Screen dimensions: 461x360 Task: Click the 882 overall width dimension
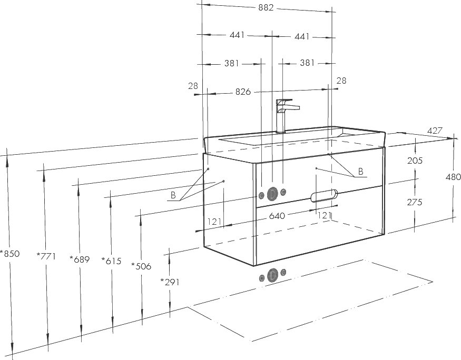coord(266,8)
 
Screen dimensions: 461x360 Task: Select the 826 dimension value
coord(243,92)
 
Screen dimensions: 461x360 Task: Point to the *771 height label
coord(46,256)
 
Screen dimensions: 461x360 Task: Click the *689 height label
coord(80,259)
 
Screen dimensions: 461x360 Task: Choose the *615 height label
coord(111,261)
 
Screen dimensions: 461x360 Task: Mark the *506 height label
coord(141,266)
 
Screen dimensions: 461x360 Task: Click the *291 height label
coord(170,282)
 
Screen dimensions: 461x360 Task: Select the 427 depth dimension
coord(435,131)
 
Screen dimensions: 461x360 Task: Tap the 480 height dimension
coord(453,177)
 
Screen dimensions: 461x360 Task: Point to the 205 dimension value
coord(415,161)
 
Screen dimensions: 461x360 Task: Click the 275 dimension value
coord(415,202)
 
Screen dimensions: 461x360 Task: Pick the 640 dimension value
coord(277,216)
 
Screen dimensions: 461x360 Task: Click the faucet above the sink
coord(286,116)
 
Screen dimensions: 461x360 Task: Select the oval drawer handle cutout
coord(325,196)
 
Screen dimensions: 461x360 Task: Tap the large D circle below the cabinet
coord(273,275)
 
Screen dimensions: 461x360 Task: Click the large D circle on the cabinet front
coord(273,194)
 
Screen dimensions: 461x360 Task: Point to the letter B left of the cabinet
coord(173,195)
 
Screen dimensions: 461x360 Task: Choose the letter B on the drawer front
coord(361,171)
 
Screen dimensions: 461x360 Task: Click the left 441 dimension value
coord(237,35)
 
